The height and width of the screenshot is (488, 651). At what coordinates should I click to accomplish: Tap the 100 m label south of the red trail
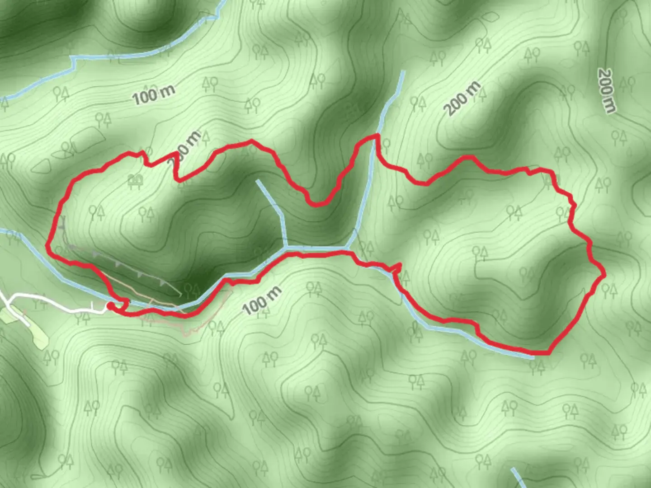point(262,300)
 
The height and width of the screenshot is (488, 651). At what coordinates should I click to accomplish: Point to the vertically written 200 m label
point(607,91)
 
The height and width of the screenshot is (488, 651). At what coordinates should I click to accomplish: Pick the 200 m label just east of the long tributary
point(462,99)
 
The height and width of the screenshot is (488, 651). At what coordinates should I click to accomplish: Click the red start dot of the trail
point(110,307)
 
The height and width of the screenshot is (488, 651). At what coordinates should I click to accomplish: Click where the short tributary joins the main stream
point(286,247)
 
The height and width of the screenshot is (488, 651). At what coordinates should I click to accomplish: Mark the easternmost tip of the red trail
point(604,274)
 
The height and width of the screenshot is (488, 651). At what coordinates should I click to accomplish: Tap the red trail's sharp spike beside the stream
point(399,265)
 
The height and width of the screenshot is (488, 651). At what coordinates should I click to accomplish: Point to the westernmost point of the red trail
point(47,245)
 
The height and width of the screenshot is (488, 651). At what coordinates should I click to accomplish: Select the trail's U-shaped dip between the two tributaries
point(318,203)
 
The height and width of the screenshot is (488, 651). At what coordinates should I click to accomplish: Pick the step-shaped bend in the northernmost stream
point(72,61)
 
